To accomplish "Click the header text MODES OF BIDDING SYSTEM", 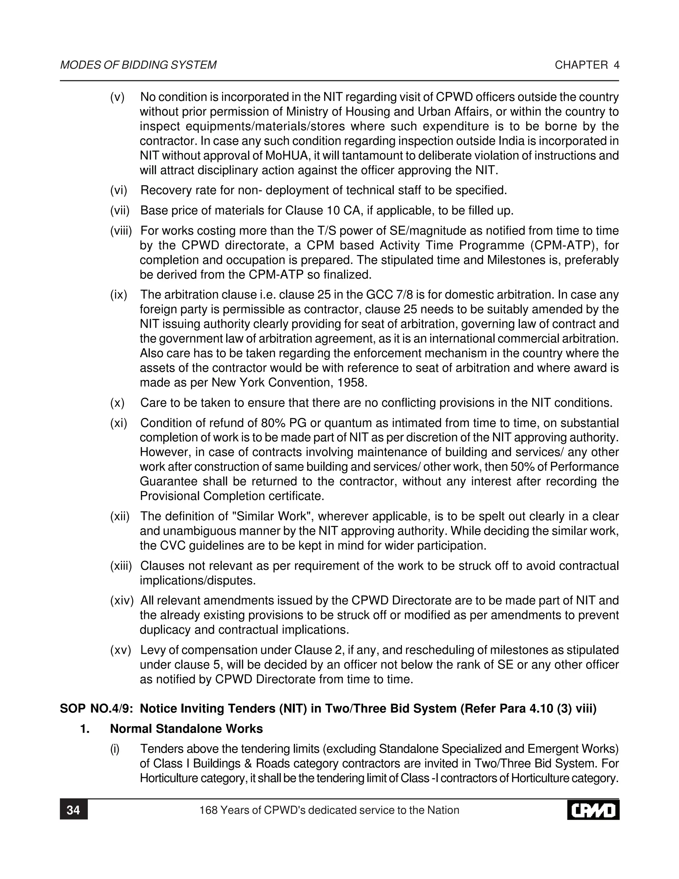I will coord(138,65).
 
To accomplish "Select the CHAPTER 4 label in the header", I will coord(587,65).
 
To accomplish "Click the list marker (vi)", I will coord(119,190).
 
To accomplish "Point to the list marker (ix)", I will coord(119,295).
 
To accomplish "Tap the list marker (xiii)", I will coord(121,566).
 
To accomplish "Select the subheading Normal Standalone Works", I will coord(186,729).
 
